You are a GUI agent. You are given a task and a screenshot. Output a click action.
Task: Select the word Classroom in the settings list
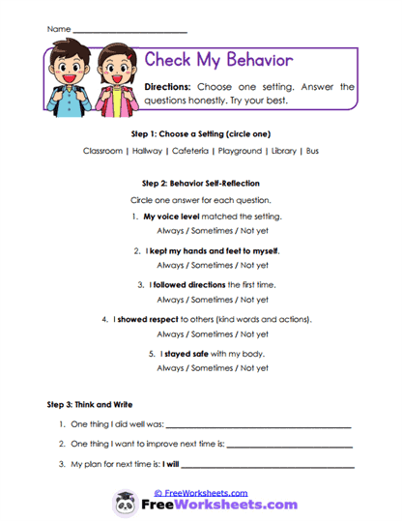tap(102, 151)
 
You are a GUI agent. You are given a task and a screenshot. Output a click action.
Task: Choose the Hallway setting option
tap(149, 151)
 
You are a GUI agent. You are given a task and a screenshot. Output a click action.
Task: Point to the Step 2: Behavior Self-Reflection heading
tap(200, 183)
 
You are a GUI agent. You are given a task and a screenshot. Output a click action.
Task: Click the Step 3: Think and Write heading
tap(90, 403)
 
